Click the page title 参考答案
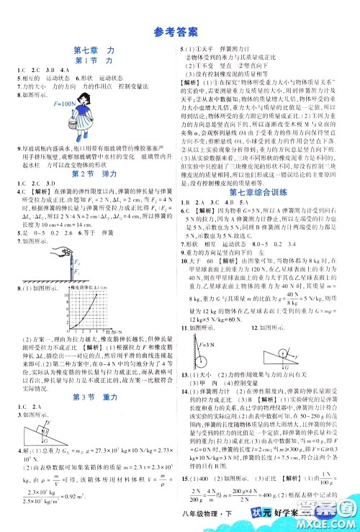179,31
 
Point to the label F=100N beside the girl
66,104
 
